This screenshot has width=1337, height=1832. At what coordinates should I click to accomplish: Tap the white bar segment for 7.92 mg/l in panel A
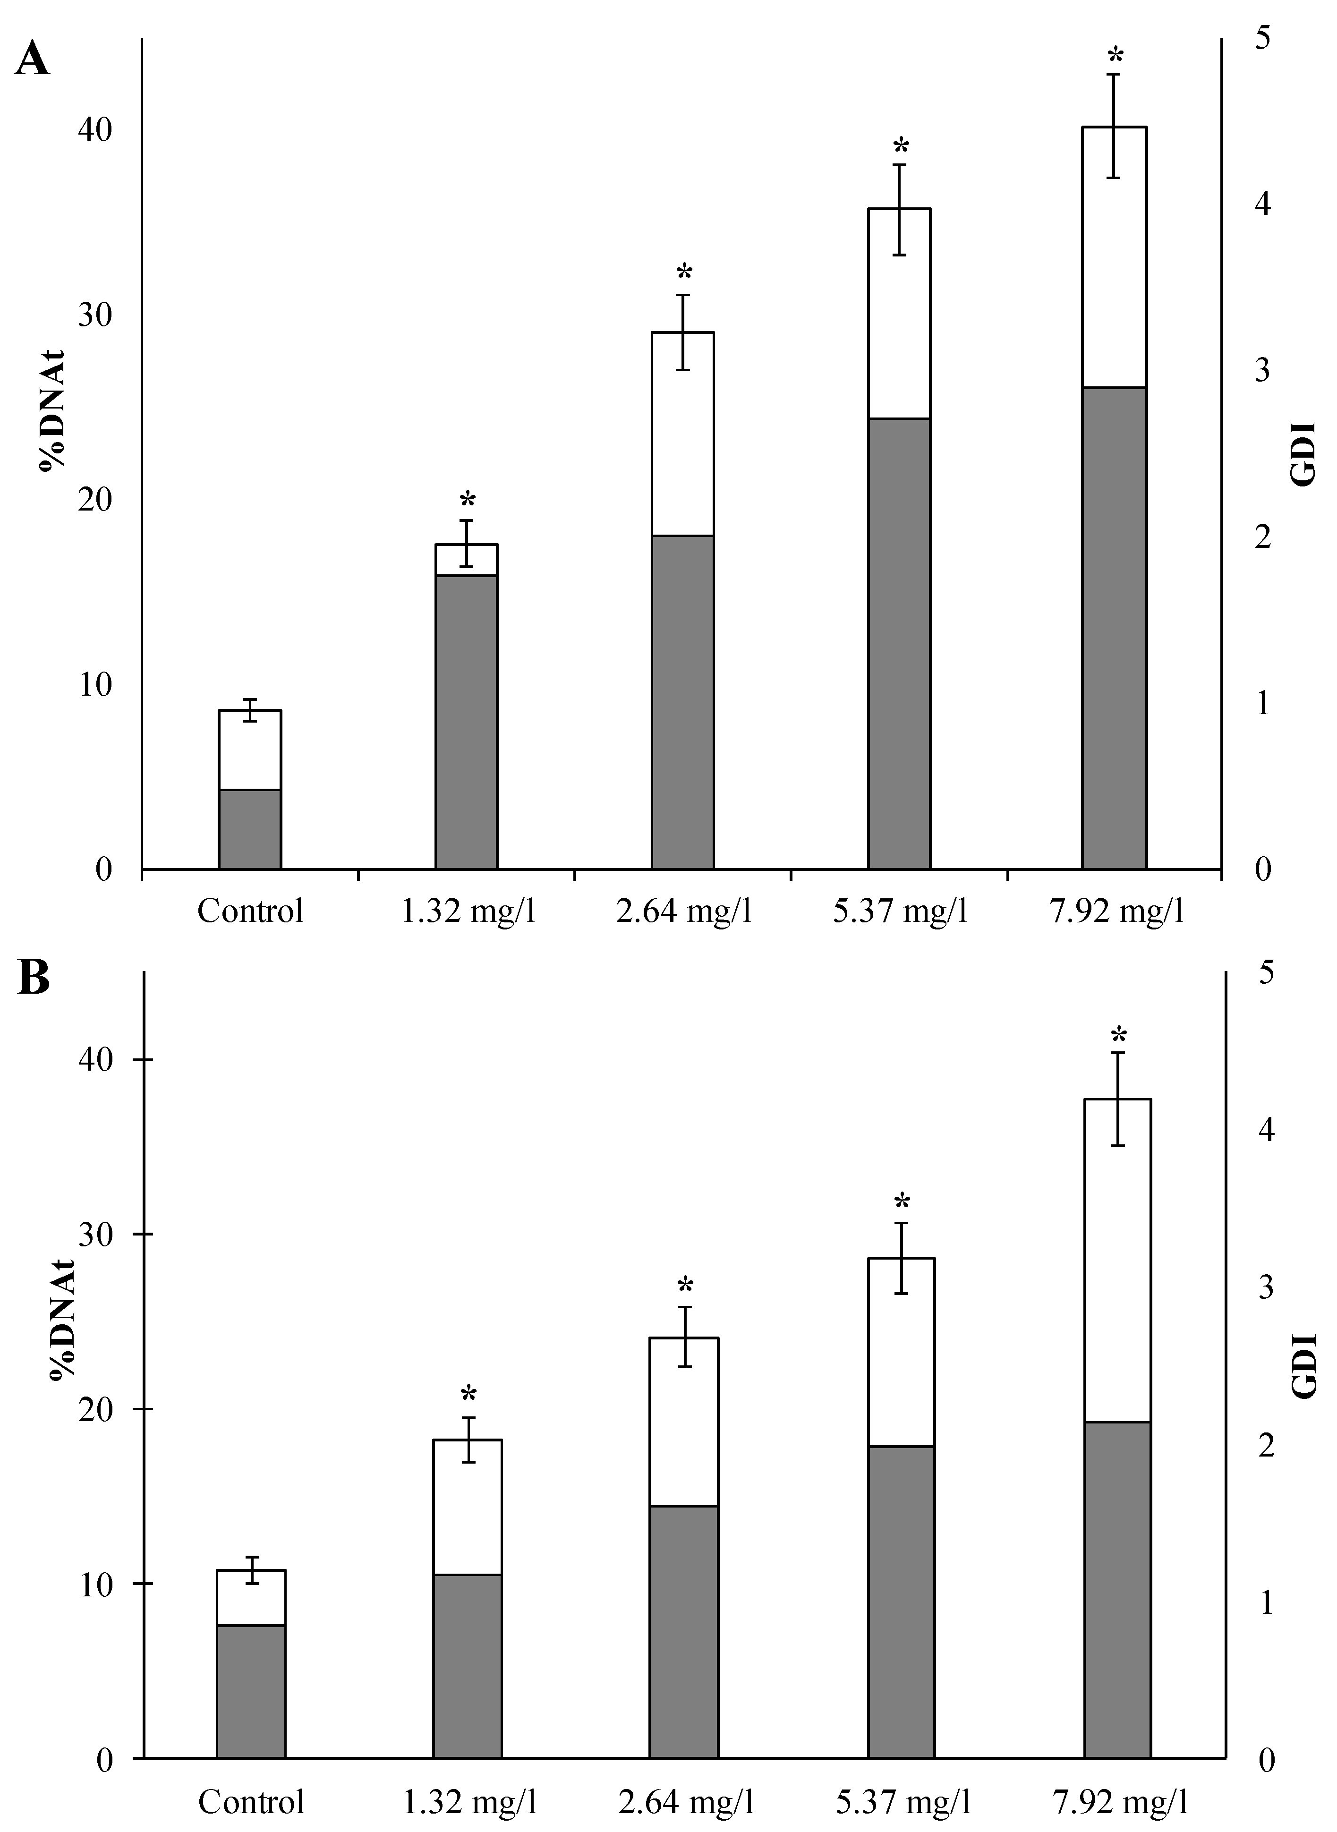[x=1115, y=257]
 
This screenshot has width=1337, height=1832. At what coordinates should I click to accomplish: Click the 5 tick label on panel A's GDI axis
[x=1262, y=39]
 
